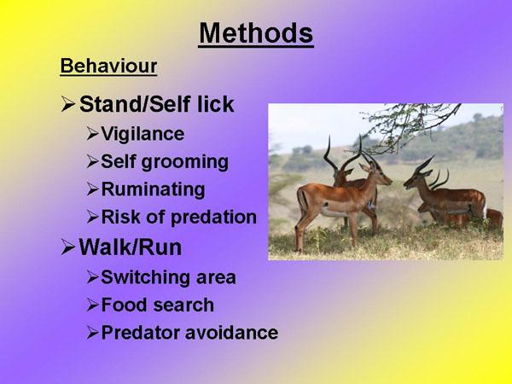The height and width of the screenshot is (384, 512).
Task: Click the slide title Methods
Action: [256, 33]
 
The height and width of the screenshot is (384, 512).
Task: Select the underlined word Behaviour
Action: [108, 66]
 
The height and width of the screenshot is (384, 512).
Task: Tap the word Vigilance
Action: [143, 134]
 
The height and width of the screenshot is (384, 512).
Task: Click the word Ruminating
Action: [153, 189]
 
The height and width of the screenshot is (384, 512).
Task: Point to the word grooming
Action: [185, 163]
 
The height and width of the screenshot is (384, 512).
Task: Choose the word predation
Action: [213, 217]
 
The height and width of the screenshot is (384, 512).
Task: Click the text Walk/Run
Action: [131, 247]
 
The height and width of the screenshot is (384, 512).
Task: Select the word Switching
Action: [145, 278]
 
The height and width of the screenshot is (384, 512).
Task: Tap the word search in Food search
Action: [183, 305]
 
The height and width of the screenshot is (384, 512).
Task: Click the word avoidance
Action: [231, 333]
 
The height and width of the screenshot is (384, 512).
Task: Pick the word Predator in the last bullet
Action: [141, 333]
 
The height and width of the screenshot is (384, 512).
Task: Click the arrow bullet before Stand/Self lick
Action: [68, 104]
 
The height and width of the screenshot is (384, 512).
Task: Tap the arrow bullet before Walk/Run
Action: [68, 247]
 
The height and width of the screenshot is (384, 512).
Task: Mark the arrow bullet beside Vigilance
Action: [92, 134]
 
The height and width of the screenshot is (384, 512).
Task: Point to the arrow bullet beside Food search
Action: [92, 305]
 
